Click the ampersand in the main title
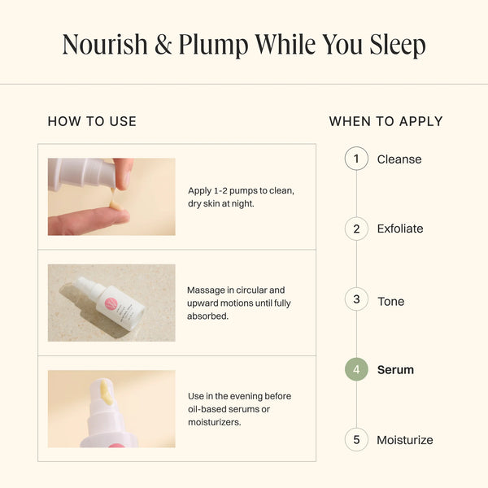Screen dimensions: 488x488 point(163,45)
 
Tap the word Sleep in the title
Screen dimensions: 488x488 point(398,46)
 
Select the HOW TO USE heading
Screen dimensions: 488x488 point(92,121)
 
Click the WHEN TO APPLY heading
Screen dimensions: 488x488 point(386,121)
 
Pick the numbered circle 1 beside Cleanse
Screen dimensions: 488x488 point(356,159)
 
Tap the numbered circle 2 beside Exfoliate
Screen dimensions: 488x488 point(356,229)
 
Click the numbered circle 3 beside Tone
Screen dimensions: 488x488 point(356,299)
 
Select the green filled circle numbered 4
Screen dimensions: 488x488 point(356,369)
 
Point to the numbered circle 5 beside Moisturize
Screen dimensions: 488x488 point(356,440)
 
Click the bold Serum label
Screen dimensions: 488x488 point(395,370)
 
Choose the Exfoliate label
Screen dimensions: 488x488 point(400,229)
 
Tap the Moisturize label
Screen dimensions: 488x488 point(405,440)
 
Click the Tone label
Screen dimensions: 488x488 point(391,301)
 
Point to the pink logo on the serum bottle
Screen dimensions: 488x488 point(111,303)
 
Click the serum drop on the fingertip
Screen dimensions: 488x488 point(115,205)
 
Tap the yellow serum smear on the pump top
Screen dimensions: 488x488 point(105,392)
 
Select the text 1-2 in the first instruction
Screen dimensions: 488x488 point(220,190)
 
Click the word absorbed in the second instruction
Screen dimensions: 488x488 point(207,316)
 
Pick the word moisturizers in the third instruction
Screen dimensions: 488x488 point(214,422)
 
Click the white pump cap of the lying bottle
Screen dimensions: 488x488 point(86,285)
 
